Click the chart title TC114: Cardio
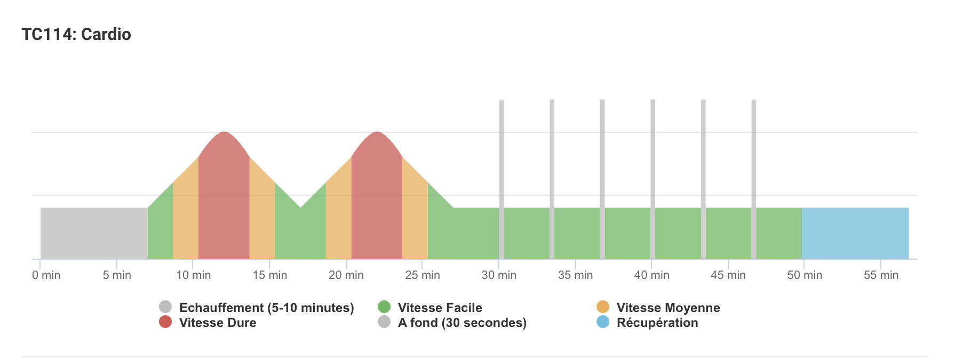tap(76, 34)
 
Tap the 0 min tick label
tap(46, 275)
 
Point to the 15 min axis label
tap(270, 275)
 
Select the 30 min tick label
tap(499, 275)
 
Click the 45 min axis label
tap(728, 275)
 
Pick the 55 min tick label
tap(881, 275)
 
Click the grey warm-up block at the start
tap(94, 233)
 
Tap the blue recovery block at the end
tap(855, 233)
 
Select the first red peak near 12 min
tap(224, 197)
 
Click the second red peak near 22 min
tap(377, 197)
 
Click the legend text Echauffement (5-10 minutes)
tap(266, 308)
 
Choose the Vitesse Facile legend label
tap(440, 308)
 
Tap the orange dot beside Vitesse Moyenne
tap(603, 307)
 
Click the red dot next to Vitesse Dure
tap(165, 322)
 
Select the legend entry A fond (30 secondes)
tap(462, 323)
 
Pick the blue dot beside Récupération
tap(603, 322)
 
